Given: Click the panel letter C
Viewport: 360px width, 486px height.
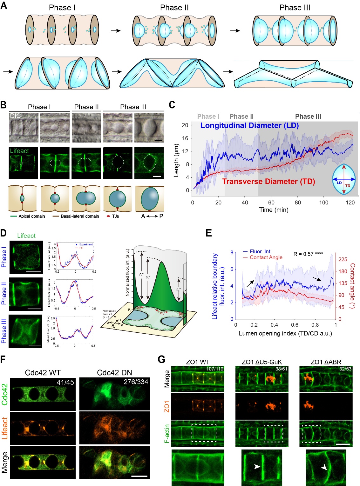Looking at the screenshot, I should pyautogui.click(x=172, y=105).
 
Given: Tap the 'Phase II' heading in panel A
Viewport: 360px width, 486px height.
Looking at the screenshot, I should pyautogui.click(x=174, y=8).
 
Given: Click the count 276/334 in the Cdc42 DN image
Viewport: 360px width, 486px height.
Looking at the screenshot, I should pyautogui.click(x=136, y=382).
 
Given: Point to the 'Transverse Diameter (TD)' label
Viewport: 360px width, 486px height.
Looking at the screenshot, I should pyautogui.click(x=268, y=181).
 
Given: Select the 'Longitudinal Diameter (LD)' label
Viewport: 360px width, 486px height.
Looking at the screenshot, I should pyautogui.click(x=249, y=125).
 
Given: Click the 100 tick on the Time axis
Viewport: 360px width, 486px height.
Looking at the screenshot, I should pyautogui.click(x=324, y=203).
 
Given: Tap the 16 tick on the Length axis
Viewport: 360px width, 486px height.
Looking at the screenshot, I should pyautogui.click(x=185, y=138).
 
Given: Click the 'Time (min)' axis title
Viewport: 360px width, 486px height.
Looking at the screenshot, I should pyautogui.click(x=274, y=210).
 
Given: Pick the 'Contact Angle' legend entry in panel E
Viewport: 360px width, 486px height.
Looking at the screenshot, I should pyautogui.click(x=266, y=257).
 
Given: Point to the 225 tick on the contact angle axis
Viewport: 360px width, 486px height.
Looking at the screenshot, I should pyautogui.click(x=343, y=259).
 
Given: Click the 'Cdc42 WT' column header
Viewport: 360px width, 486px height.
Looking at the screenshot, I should pyautogui.click(x=43, y=372).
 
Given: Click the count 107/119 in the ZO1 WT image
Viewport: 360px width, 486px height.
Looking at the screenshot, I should pyautogui.click(x=215, y=369).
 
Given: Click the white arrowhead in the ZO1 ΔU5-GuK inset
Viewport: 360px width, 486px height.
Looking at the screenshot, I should pyautogui.click(x=257, y=466).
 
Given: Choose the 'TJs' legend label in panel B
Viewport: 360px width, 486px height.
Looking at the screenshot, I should pyautogui.click(x=115, y=216).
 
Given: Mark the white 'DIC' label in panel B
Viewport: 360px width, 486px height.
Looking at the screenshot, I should pyautogui.click(x=15, y=116).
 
